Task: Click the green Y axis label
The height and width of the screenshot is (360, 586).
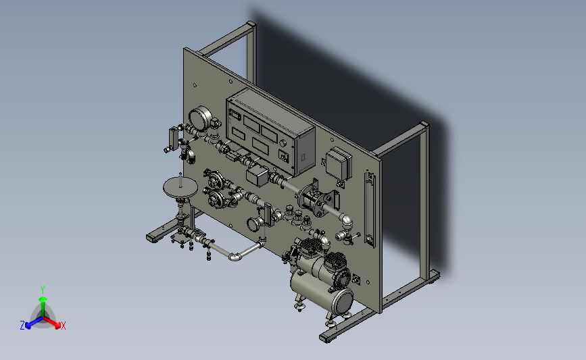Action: click(43, 290)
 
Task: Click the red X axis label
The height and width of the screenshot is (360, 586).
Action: click(63, 326)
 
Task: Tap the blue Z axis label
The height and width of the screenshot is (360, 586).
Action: click(22, 326)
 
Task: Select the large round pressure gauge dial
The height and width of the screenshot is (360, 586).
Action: click(200, 118)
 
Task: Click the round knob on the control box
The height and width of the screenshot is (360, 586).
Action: click(283, 143)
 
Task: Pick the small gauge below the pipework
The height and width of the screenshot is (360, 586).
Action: click(253, 224)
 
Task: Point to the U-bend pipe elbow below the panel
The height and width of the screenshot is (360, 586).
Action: click(235, 257)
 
